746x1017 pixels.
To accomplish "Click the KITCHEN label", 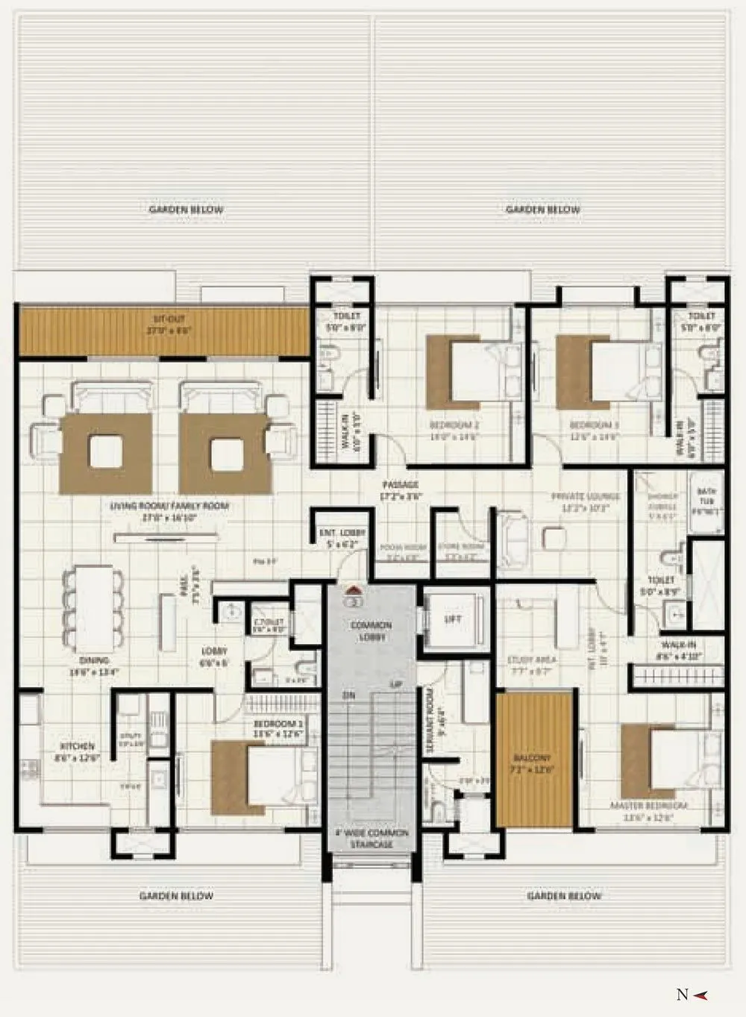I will point(78,746).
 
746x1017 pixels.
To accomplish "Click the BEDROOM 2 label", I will point(454,425).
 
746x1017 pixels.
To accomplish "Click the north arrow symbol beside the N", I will point(701,994).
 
